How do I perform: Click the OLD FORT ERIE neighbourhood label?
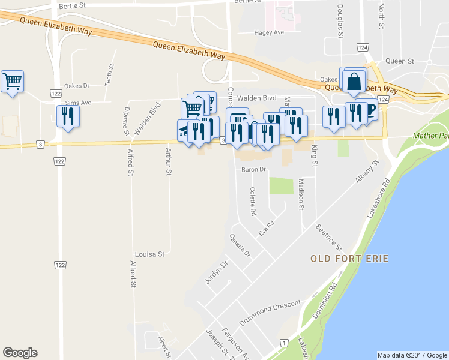[x=349, y=259]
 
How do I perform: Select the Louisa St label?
[x=149, y=254]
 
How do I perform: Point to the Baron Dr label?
[x=253, y=170]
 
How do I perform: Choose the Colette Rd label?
[x=253, y=202]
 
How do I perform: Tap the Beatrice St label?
[x=329, y=238]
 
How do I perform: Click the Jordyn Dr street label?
[x=217, y=272]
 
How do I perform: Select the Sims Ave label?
[x=78, y=103]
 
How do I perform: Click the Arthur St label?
[x=169, y=162]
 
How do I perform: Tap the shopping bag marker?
[x=354, y=80]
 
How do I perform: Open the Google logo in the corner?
[x=20, y=353]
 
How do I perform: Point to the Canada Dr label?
[x=240, y=245]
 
